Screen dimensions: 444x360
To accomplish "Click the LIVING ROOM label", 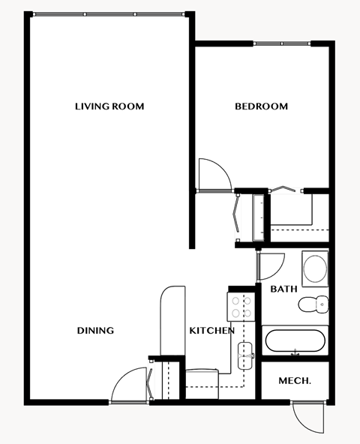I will pos(109,106).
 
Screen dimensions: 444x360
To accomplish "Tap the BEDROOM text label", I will pos(261,106).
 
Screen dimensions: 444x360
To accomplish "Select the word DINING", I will pos(95,331).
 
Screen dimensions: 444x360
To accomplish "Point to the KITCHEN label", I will pos(211,331).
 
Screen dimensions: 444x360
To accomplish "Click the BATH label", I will pos(283,289).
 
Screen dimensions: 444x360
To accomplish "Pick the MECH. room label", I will pos(295,381).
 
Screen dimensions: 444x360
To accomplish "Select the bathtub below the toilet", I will pos(294,341).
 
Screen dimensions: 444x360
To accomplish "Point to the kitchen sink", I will pos(244,355).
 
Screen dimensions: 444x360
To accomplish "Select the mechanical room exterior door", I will pos(307,417).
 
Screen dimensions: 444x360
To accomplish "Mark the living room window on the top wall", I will pos(109,13).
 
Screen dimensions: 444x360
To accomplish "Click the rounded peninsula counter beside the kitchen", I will pos(172,322).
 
